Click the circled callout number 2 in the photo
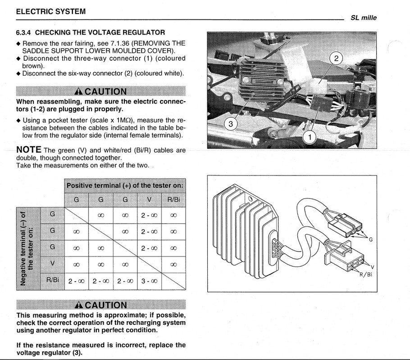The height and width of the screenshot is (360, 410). (x=336, y=58)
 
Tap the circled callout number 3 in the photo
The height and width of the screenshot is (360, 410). (x=231, y=124)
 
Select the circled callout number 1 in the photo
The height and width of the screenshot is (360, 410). (x=310, y=137)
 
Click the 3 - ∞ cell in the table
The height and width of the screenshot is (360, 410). (x=149, y=281)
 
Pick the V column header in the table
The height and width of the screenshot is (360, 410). (x=149, y=200)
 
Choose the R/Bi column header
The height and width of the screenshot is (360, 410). (x=173, y=200)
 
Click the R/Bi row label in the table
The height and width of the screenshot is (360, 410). (x=52, y=280)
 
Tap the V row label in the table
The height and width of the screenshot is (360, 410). (x=52, y=263)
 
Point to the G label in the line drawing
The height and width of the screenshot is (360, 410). (x=370, y=239)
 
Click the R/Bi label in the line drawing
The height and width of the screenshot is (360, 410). (x=366, y=274)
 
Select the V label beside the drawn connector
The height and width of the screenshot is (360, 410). (x=372, y=267)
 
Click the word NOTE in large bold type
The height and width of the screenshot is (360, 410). (x=29, y=150)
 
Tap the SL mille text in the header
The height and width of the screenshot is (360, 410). (x=364, y=18)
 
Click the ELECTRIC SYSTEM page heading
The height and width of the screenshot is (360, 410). (x=51, y=12)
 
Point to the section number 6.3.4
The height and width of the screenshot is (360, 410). (x=23, y=33)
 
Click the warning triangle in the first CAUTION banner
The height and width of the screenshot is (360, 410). (x=78, y=91)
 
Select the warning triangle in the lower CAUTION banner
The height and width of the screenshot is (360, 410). (x=79, y=305)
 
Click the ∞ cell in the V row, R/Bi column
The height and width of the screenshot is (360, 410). (x=173, y=265)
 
